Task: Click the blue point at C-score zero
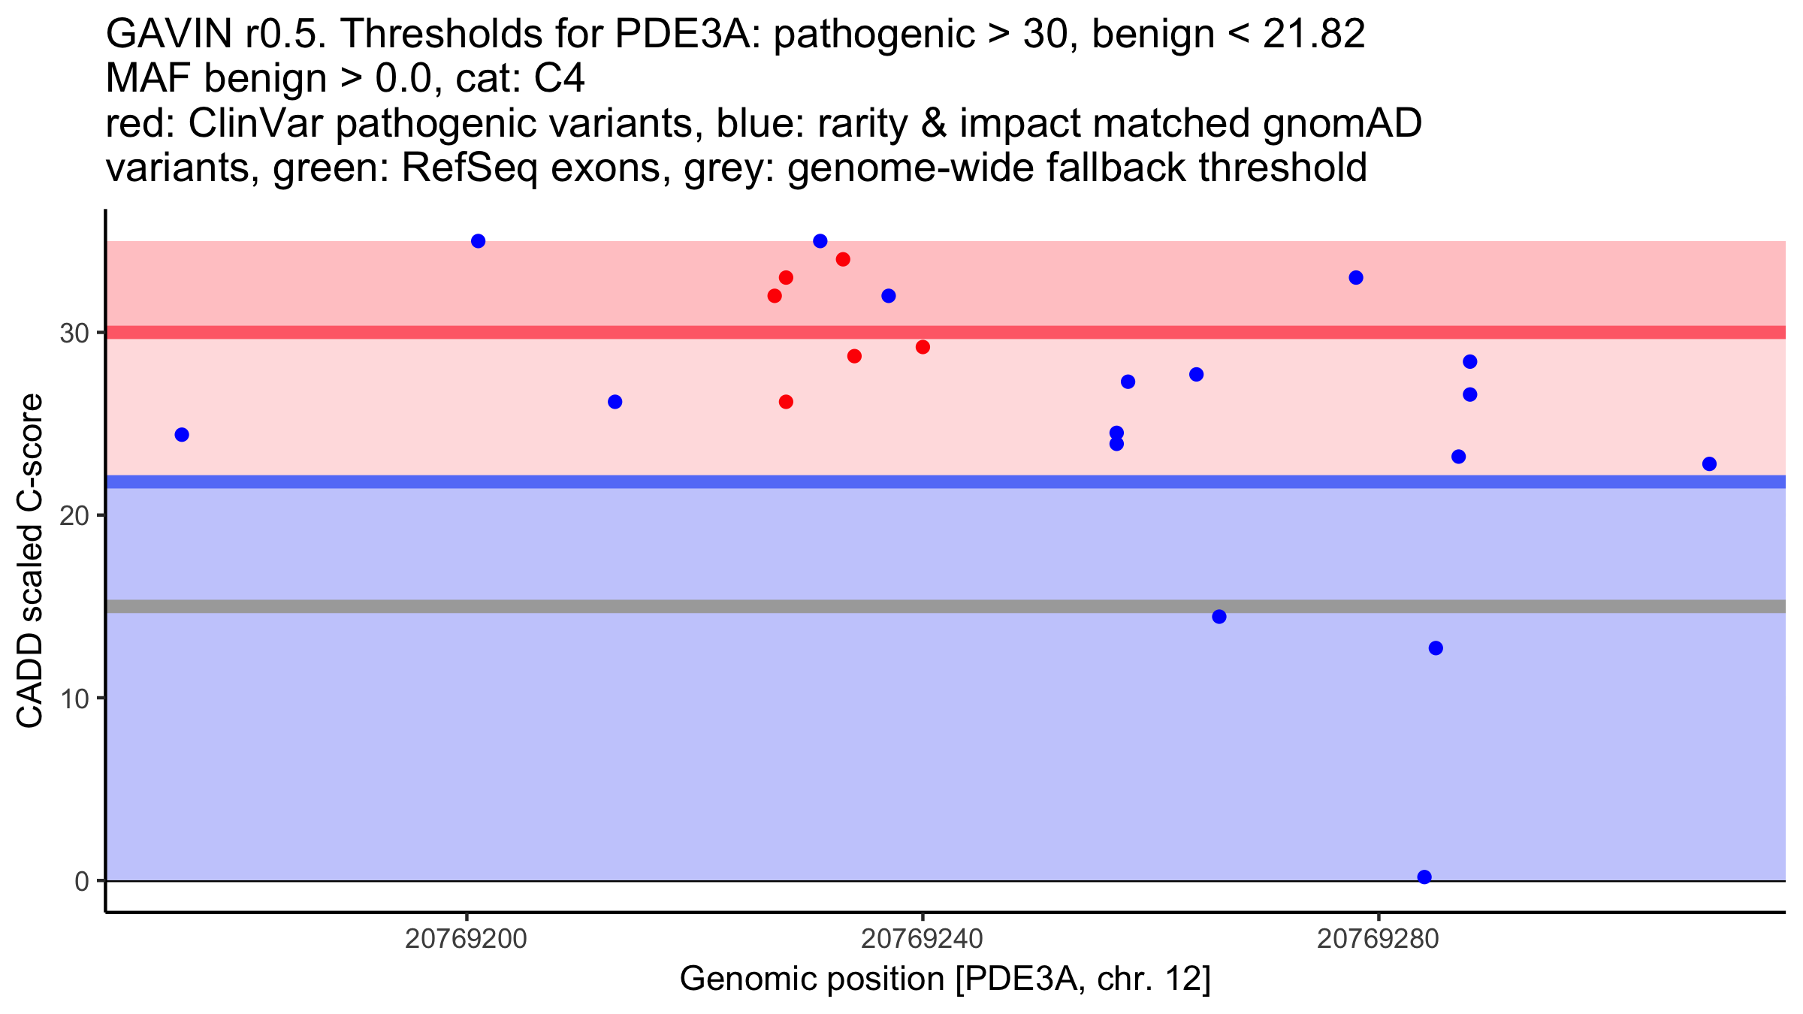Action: coord(1424,877)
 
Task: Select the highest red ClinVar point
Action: coord(843,259)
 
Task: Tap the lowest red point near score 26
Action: coord(786,402)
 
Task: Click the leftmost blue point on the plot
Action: coord(182,435)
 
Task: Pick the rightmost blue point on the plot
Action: coord(1709,463)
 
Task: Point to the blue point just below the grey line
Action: coord(1219,617)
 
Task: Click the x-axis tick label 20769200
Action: coord(466,940)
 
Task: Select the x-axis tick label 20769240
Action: coord(922,940)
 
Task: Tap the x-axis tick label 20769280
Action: coord(1378,940)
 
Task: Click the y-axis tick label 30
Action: coord(74,333)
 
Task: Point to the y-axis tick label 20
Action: coord(74,515)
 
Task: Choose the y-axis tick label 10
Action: coord(74,699)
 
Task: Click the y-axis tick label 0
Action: coord(82,881)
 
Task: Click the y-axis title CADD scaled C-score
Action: coord(30,560)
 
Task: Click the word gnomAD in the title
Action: coord(1342,124)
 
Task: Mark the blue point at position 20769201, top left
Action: coord(478,241)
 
